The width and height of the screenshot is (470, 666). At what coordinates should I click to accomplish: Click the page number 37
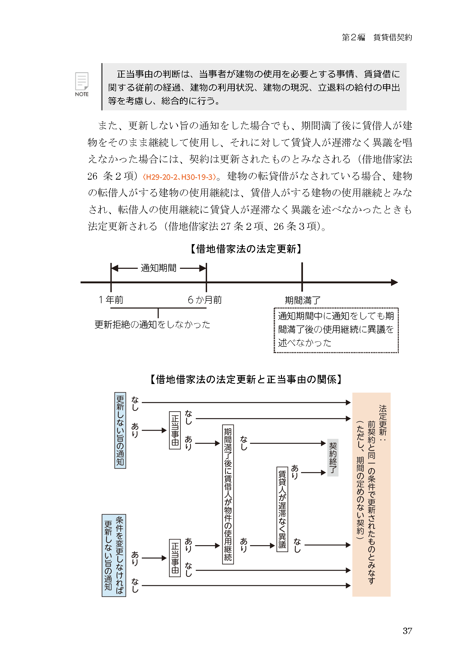[407, 631]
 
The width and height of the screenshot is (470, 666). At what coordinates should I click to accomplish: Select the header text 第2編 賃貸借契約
[377, 37]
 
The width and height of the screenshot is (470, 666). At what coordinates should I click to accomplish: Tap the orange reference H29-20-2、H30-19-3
[179, 177]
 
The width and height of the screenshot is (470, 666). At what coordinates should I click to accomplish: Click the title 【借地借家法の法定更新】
[246, 249]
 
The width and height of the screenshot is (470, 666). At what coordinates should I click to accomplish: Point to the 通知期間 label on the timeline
[158, 268]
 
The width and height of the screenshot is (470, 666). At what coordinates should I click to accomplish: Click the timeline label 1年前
[111, 300]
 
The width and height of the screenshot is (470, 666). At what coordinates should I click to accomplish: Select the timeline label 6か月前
[205, 300]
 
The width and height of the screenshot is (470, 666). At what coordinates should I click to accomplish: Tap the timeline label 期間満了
[303, 300]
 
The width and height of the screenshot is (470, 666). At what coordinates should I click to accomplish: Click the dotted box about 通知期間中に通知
[336, 330]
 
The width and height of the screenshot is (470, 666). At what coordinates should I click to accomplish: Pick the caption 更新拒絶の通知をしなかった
[152, 324]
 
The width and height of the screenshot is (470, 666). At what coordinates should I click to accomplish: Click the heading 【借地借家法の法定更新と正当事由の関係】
[246, 379]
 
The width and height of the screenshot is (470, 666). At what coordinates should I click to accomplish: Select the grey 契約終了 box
[333, 458]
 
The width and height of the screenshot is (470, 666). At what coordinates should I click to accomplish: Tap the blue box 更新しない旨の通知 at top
[120, 430]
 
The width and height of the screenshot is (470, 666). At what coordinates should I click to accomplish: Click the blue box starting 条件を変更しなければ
[114, 555]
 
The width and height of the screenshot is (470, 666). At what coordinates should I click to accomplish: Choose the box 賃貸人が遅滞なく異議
[282, 509]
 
